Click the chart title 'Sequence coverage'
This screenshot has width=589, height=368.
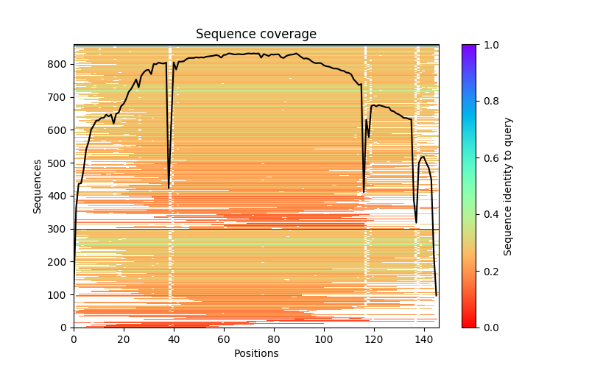256,35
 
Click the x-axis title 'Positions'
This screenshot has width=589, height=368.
256,353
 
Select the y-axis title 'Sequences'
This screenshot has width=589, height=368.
38,185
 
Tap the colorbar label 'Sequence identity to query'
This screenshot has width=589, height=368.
508,186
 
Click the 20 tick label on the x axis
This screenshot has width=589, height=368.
124,339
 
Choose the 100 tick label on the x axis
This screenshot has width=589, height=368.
324,339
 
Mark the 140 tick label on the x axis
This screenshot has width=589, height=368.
423,339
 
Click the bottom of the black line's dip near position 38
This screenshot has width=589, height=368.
169,188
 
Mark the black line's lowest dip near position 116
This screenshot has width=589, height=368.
364,192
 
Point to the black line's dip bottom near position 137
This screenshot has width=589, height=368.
416,222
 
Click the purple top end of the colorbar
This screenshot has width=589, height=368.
469,46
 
